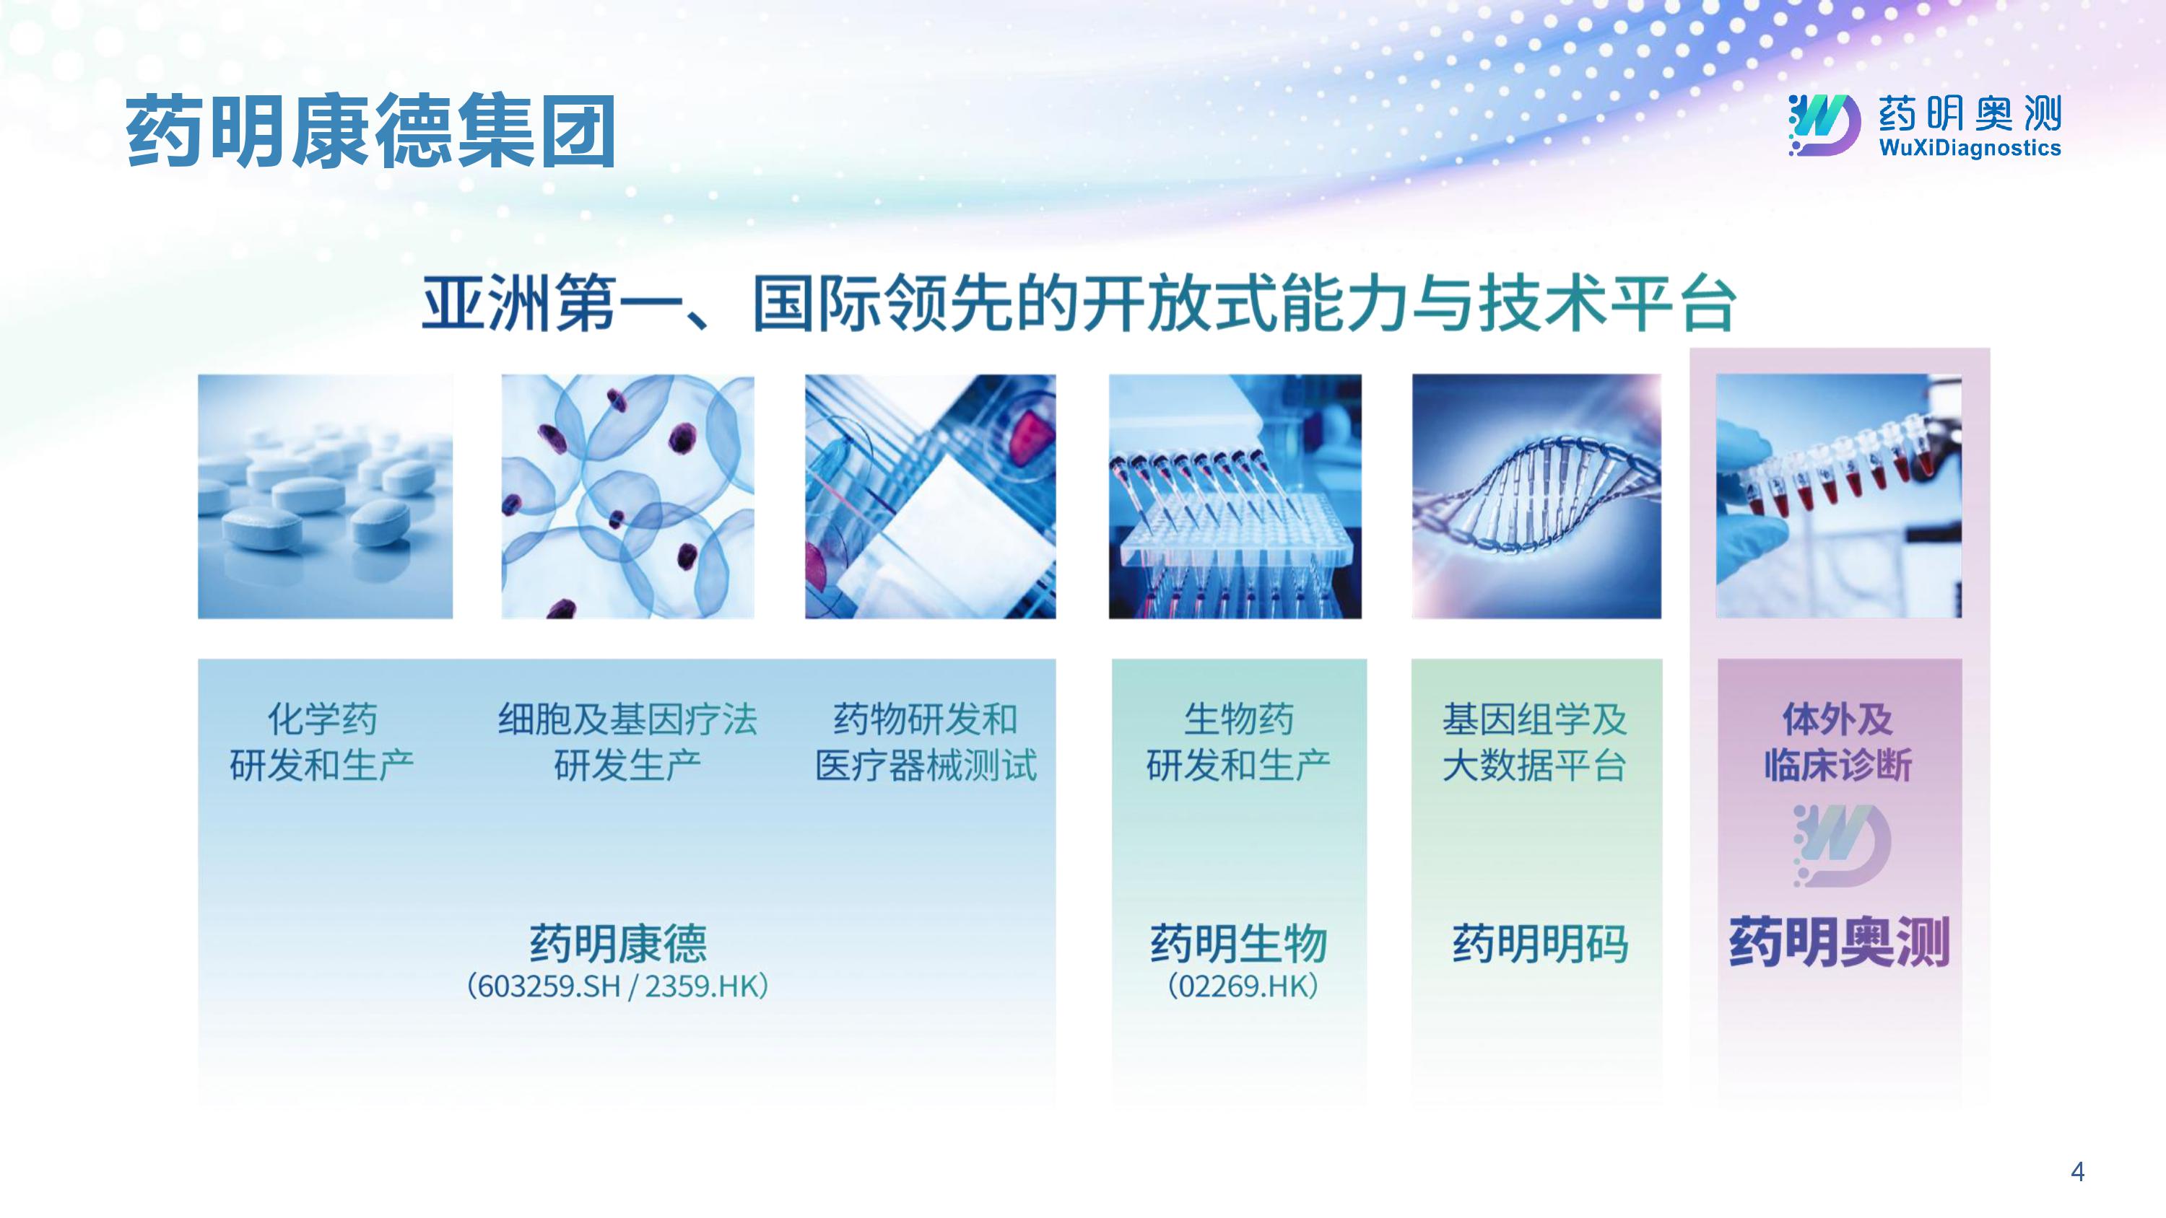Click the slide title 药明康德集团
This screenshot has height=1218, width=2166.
(x=371, y=131)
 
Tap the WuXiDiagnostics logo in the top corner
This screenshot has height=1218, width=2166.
(x=1924, y=126)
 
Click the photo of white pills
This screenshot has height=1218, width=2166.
(x=326, y=496)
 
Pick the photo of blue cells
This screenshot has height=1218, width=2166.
(x=628, y=496)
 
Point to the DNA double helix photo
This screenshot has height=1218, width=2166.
(x=1536, y=496)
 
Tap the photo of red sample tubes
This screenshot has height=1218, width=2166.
(x=1839, y=496)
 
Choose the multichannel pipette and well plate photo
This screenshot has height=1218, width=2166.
(x=1235, y=496)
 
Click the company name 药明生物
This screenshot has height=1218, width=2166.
(x=1238, y=943)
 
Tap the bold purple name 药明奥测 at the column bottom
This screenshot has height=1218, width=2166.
(x=1839, y=942)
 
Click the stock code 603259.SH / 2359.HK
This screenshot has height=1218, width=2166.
(x=618, y=986)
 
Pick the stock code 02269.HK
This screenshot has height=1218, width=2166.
(x=1243, y=986)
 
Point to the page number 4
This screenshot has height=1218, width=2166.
(x=2078, y=1172)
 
